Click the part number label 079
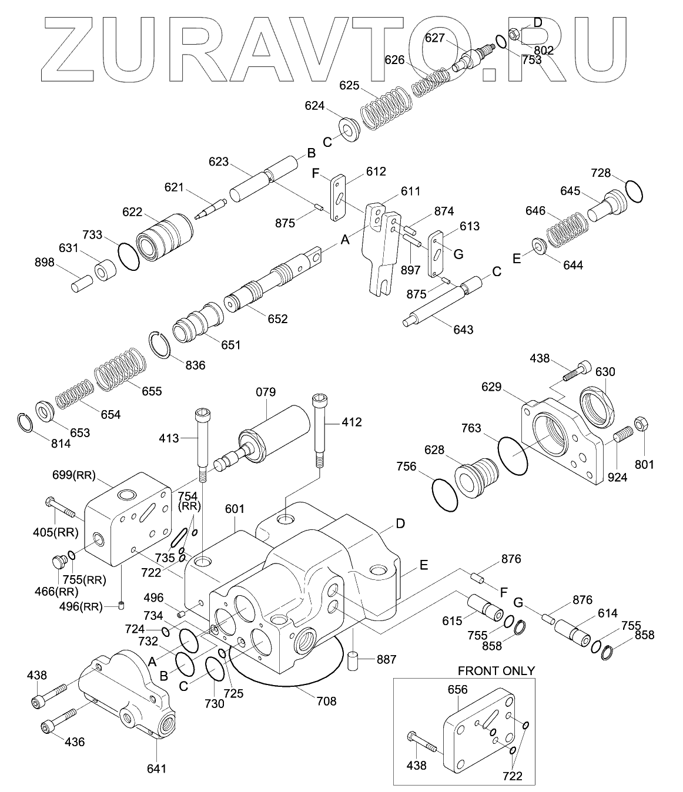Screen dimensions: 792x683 point(266,392)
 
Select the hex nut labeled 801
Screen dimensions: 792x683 point(641,424)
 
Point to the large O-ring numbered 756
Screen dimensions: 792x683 point(445,495)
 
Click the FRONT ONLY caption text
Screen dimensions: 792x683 point(496,670)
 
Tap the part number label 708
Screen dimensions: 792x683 point(326,700)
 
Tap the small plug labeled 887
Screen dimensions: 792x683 point(353,660)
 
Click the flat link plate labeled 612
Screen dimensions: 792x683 point(339,199)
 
